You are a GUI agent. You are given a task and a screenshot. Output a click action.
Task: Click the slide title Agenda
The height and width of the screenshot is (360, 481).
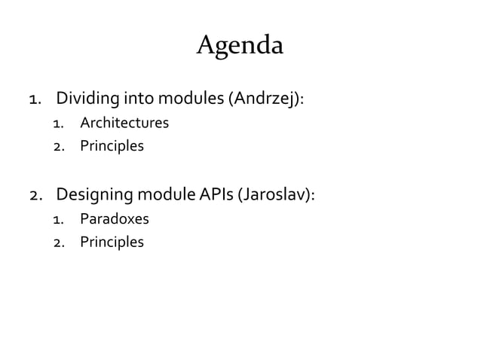click(240, 47)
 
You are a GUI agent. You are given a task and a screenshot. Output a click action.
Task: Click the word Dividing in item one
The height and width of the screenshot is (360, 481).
click(85, 99)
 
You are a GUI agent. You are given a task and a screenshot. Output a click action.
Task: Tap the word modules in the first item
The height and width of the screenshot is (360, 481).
click(183, 99)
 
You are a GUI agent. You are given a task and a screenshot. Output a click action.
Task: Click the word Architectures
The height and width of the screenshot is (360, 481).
click(124, 123)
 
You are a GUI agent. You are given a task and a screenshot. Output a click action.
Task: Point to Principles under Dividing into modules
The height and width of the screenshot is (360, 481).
click(112, 145)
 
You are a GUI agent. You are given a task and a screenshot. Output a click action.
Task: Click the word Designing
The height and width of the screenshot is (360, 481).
click(94, 196)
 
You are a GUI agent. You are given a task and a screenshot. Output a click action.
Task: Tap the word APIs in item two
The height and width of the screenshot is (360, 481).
click(217, 196)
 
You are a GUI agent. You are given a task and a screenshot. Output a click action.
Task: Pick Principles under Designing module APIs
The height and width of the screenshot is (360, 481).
click(112, 243)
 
